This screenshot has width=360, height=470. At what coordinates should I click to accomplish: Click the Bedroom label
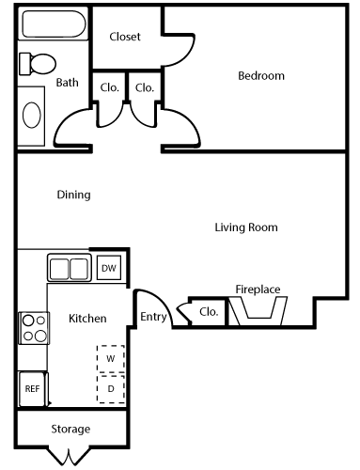pos(260,76)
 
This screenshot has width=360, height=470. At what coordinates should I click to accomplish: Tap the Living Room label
pos(246,227)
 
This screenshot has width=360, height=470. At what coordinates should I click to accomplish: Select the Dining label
pos(73,196)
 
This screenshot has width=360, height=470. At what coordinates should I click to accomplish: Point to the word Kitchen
pos(87,319)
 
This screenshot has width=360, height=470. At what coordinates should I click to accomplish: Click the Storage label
pos(70,429)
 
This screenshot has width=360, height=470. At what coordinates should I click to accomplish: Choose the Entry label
pos(153,318)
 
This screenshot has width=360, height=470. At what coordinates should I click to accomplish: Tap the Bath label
pos(67,83)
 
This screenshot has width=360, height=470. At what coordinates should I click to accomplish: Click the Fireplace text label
pos(258,290)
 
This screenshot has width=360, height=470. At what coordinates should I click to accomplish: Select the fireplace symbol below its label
pos(258,313)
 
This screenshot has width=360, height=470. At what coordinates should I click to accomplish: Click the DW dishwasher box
pos(108,268)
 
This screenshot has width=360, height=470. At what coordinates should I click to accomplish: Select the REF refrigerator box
pos(32,387)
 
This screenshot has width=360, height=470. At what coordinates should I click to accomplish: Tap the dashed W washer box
pos(110,358)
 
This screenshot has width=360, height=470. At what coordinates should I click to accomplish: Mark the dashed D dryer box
pos(110,387)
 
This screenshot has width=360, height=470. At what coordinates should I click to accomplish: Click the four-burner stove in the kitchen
pos(34,328)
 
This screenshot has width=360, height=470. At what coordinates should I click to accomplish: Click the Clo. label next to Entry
pos(209,312)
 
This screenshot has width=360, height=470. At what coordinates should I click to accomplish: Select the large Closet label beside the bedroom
pos(125,37)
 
